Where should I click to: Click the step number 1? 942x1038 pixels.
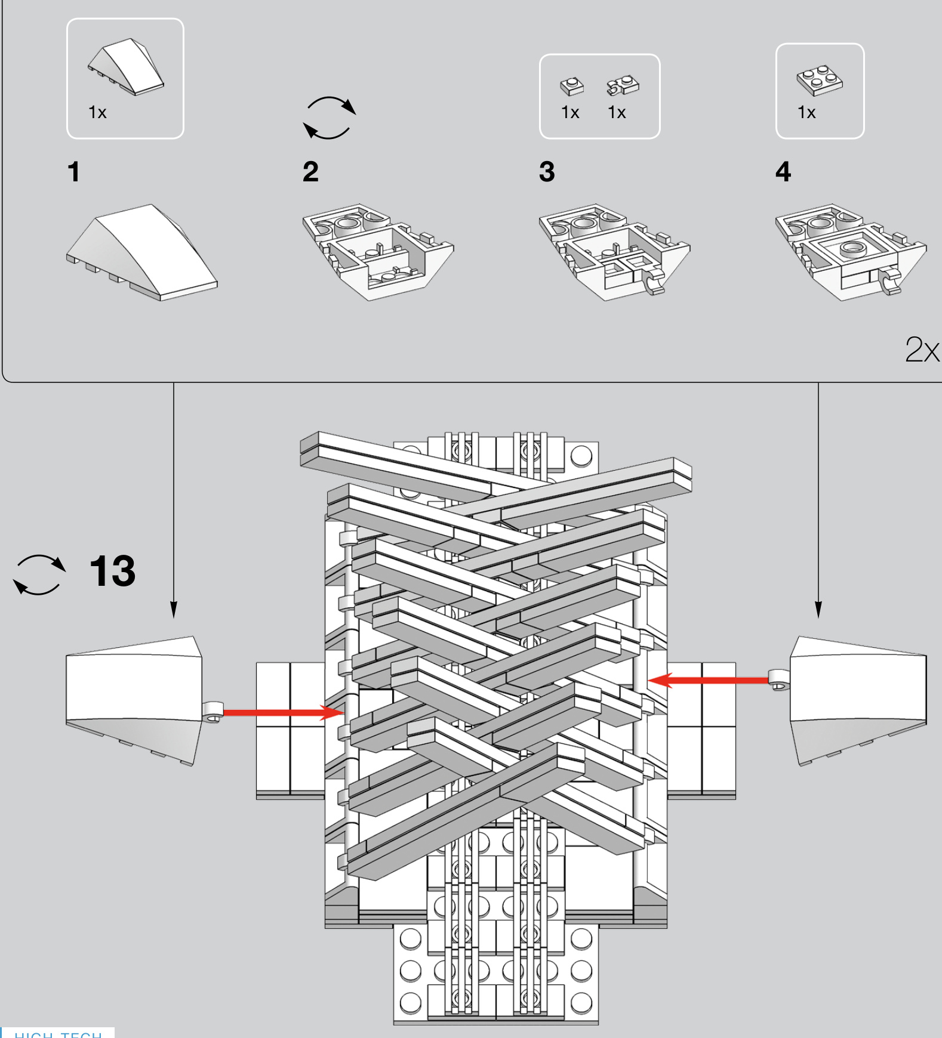pos(73,172)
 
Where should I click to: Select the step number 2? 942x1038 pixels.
pos(310,172)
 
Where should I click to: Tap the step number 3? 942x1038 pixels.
pos(547,172)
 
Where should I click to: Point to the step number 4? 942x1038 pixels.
pos(783,172)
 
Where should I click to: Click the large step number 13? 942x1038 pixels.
pos(112,571)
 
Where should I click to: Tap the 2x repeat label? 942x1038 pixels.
pos(922,350)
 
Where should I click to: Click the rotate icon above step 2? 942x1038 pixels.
pos(329,118)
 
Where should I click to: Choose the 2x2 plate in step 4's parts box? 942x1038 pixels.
pos(820,80)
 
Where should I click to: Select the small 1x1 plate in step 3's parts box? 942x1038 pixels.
pos(572,86)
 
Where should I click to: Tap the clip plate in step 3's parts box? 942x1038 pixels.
pos(623,85)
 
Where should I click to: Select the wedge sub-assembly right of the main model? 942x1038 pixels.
pos(858,698)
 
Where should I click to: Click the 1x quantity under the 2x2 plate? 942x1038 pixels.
pos(806,112)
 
